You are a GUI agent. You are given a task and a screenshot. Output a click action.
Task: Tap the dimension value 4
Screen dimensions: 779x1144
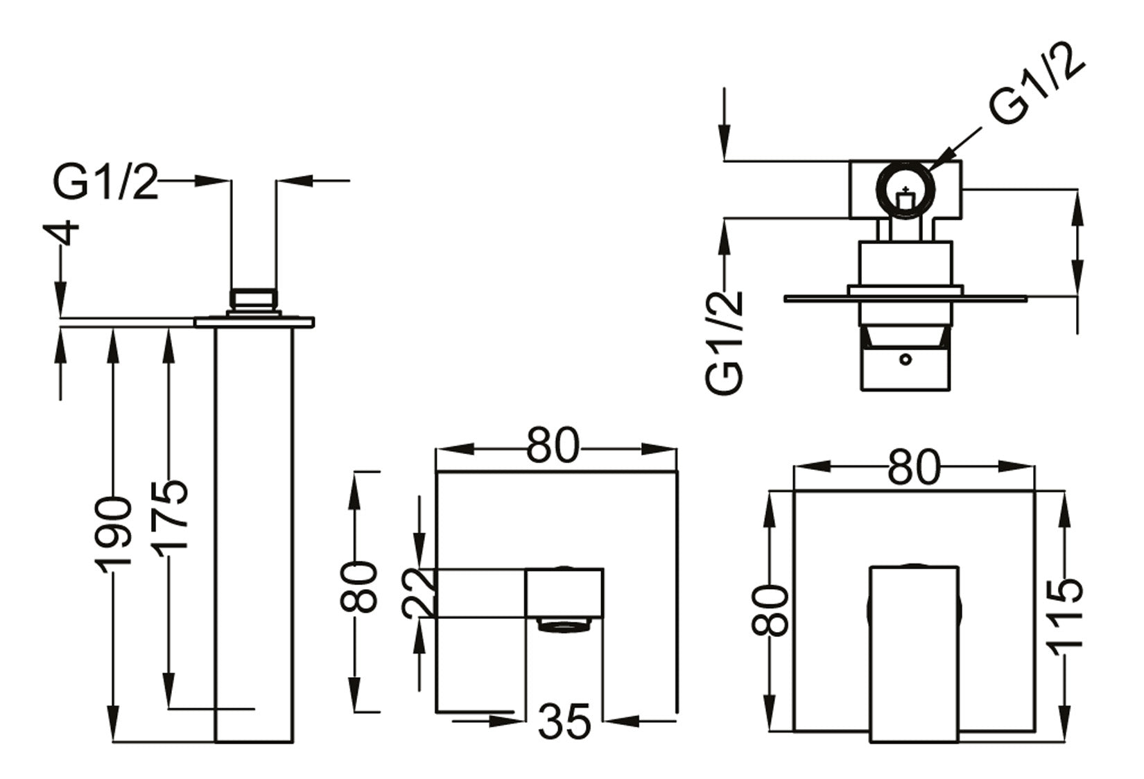pos(66,234)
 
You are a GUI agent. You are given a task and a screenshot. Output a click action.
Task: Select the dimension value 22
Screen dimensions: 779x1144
pos(419,593)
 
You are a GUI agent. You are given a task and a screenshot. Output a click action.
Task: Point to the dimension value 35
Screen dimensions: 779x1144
pos(564,721)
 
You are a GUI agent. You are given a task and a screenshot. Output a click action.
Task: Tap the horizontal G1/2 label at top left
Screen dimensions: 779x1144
pos(106,184)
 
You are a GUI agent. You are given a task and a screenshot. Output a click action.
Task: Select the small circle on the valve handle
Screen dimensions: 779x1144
pos(905,359)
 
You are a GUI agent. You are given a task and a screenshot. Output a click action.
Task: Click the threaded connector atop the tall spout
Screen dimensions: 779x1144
pos(254,299)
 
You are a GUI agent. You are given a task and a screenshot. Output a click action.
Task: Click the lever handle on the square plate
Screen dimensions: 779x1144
pos(914,651)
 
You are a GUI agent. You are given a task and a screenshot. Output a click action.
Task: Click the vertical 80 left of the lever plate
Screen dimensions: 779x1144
pos(771,610)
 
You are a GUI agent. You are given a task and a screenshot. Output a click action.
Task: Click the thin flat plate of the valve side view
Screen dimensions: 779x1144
pos(905,299)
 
